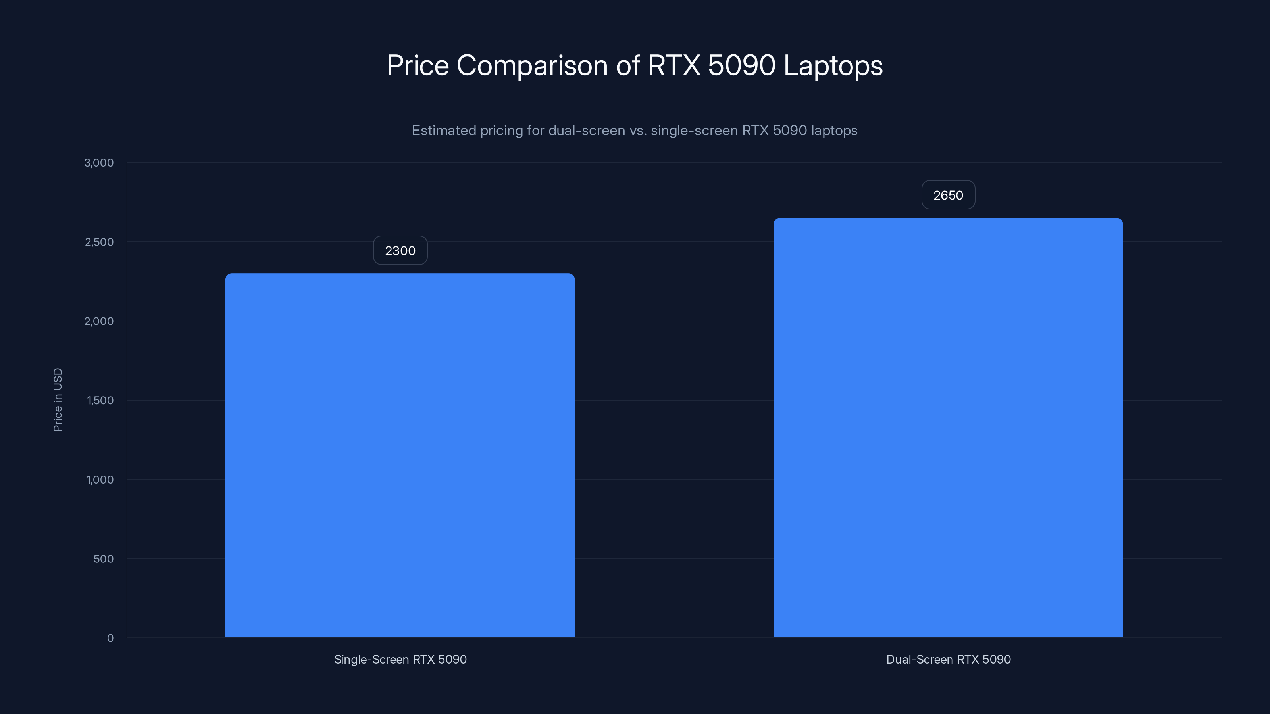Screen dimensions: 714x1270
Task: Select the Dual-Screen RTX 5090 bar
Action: pyautogui.click(x=948, y=427)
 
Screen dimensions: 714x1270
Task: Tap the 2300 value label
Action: pyautogui.click(x=400, y=251)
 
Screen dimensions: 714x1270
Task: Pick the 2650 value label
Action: pyautogui.click(x=948, y=195)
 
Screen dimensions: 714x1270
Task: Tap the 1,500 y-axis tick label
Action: pyautogui.click(x=100, y=401)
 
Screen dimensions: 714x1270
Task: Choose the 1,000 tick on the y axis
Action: pyautogui.click(x=100, y=480)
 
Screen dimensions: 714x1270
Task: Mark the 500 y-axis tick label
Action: pyautogui.click(x=103, y=559)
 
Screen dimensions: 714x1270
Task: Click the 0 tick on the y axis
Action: pyautogui.click(x=110, y=638)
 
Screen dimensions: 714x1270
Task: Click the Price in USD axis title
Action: pyautogui.click(x=58, y=399)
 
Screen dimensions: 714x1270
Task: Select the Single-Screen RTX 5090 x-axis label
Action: pyautogui.click(x=400, y=659)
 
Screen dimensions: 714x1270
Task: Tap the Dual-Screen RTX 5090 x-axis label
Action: pyautogui.click(x=948, y=659)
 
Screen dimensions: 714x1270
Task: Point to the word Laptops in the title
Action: pyautogui.click(x=833, y=65)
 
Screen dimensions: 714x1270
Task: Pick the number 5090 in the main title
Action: pyautogui.click(x=741, y=65)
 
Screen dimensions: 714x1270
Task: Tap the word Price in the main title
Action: pyautogui.click(x=417, y=65)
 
